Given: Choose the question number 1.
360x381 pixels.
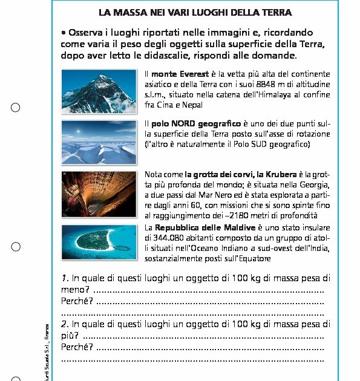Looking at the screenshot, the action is click(x=65, y=279).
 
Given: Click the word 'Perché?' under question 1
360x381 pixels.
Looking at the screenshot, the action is click(x=77, y=301).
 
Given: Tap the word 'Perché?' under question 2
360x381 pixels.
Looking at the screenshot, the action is click(x=77, y=347).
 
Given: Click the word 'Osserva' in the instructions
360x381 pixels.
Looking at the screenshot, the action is click(x=90, y=32).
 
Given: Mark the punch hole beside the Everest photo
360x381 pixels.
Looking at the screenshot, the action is click(x=16, y=108).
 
